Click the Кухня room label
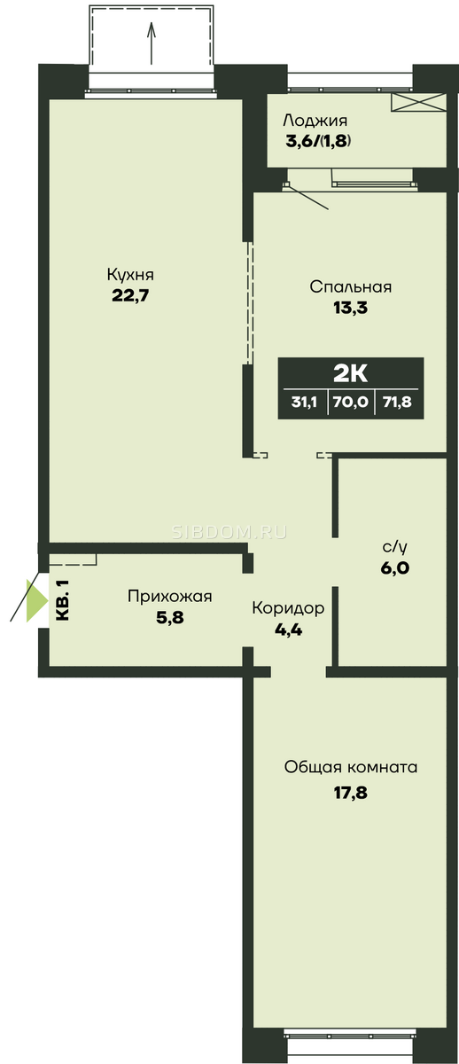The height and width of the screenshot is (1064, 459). coord(130,275)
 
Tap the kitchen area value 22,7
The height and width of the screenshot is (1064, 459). coord(130,296)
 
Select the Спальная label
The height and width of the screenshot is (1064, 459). coord(350,287)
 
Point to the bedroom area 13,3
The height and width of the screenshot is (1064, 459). coord(350,308)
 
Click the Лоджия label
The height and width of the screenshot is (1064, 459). coord(315,121)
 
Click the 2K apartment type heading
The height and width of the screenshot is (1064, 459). coord(350,373)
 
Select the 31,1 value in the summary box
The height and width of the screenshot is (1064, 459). coord(304,403)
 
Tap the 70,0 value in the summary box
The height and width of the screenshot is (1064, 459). coord(350,403)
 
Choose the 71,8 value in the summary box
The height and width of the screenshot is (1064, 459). coord(397,403)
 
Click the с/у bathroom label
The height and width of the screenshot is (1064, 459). coord(395,548)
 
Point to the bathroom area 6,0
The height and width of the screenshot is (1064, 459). coord(395,568)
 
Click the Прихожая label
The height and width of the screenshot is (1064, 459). coord(169,597)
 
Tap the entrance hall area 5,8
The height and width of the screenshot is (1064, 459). coord(169,617)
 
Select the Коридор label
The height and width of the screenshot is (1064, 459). coord(288,608)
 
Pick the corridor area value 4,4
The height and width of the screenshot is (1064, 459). coord(288,630)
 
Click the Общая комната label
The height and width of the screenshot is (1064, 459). coord(351,768)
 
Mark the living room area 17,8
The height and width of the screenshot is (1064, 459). coord(351,793)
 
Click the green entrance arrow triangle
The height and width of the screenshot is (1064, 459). coord(36,601)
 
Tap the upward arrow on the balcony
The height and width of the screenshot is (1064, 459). coord(152,43)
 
